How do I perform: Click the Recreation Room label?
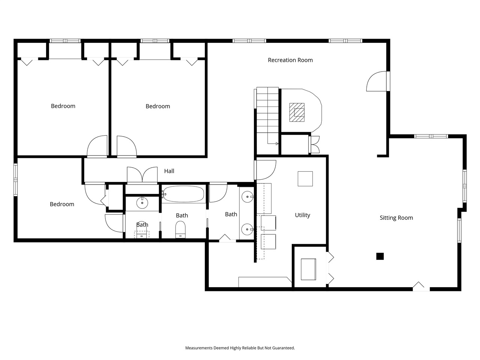(290, 60)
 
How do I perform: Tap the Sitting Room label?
(396, 218)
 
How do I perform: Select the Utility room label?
(302, 215)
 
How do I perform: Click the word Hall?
(169, 171)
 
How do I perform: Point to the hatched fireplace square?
(297, 112)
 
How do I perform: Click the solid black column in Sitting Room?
(380, 256)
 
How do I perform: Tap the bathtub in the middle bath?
(183, 194)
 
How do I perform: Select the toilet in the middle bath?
(180, 229)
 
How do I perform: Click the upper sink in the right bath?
(247, 195)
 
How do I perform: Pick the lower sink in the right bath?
(247, 229)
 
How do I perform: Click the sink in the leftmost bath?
(142, 203)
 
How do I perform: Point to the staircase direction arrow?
(276, 144)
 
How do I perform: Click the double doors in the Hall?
(142, 175)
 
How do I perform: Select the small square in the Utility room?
(305, 179)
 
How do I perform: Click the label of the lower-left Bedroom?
(62, 204)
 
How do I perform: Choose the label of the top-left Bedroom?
(63, 106)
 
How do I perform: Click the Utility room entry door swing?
(266, 170)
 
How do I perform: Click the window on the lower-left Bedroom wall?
(16, 180)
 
